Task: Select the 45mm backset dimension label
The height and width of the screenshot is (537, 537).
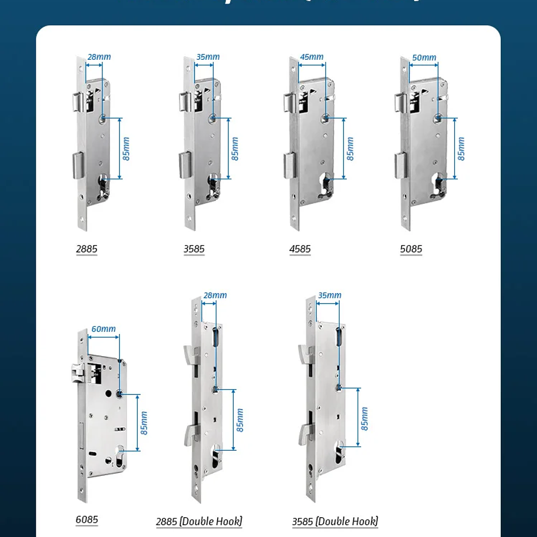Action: coord(312,57)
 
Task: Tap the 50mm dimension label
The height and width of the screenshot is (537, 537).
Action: coord(424,57)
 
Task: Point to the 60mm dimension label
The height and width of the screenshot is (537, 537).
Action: coord(103,329)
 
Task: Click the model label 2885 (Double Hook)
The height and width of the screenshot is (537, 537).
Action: coord(199,521)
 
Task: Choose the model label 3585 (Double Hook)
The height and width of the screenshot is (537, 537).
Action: coord(335,521)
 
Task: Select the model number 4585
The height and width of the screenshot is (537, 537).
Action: coord(300,249)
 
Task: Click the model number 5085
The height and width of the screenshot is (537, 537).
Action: coord(411,249)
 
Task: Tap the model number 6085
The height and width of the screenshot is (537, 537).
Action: coord(87,520)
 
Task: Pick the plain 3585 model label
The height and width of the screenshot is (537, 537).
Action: coord(194,249)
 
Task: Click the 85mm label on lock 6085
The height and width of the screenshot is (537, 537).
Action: coord(144,423)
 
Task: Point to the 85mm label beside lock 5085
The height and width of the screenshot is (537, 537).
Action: coord(461,149)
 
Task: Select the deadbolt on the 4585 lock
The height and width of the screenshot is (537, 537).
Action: coord(289,166)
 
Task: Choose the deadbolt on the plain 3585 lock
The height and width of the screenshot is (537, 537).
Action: coord(185,165)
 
